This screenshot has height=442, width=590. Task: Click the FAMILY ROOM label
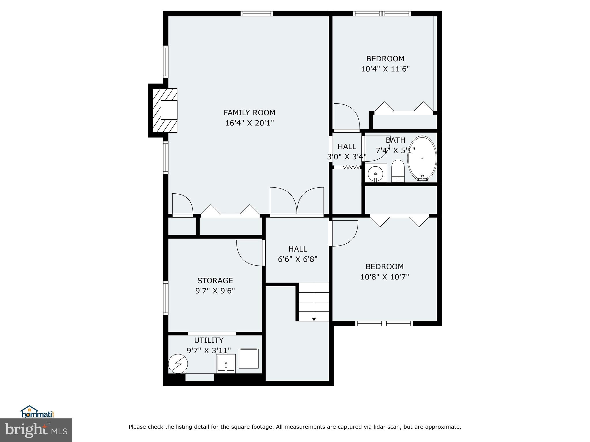249,113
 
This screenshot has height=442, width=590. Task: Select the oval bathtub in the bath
422,158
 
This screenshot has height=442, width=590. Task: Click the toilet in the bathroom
398,171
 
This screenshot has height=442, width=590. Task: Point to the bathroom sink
375,174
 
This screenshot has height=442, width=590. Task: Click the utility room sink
226,364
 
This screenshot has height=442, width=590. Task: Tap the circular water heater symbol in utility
178,364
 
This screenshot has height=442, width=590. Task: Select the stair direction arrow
314,319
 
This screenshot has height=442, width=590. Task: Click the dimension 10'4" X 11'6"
385,69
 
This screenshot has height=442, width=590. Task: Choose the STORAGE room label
215,281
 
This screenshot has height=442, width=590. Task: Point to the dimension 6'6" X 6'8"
298,260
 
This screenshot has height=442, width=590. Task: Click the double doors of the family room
297,201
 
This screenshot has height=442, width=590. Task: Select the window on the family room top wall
257,14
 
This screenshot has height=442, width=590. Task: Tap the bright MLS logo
36,430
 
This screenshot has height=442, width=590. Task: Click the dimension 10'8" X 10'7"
385,277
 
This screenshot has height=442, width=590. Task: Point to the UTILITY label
209,340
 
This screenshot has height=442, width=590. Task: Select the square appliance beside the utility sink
249,358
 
